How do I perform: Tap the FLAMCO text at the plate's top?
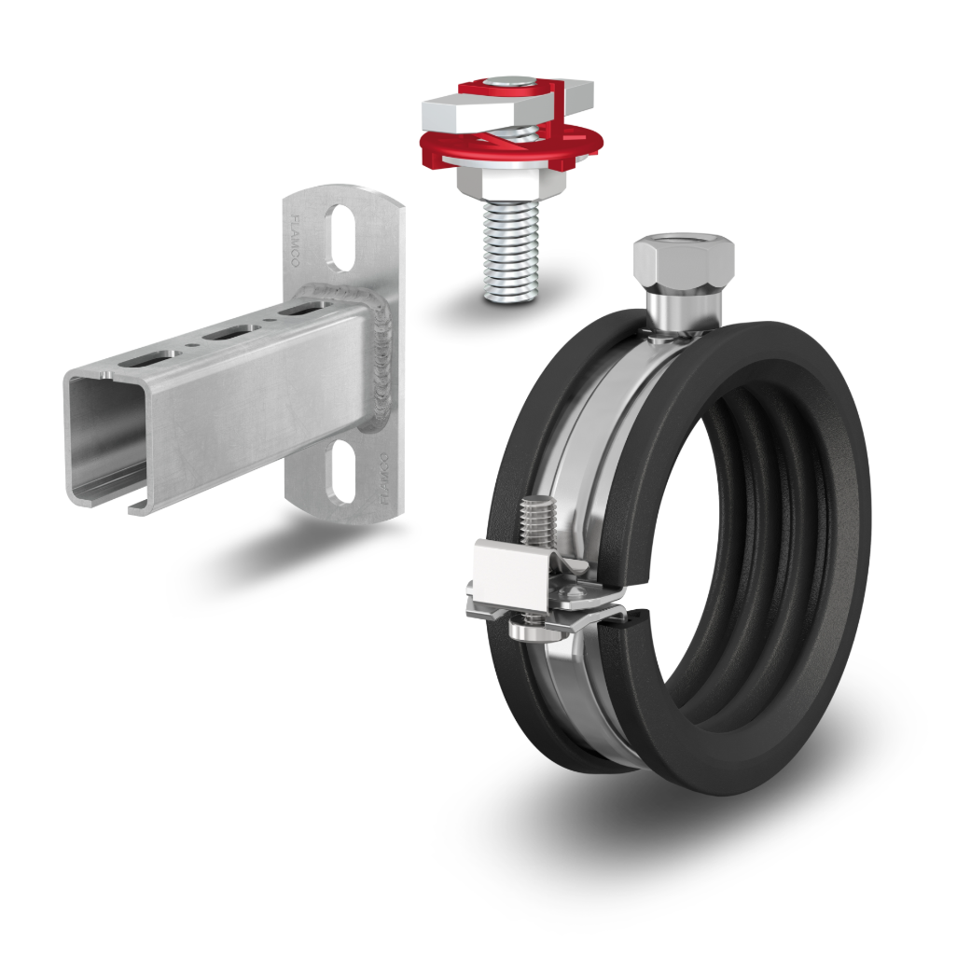[295, 241]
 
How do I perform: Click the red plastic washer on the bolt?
[512, 147]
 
